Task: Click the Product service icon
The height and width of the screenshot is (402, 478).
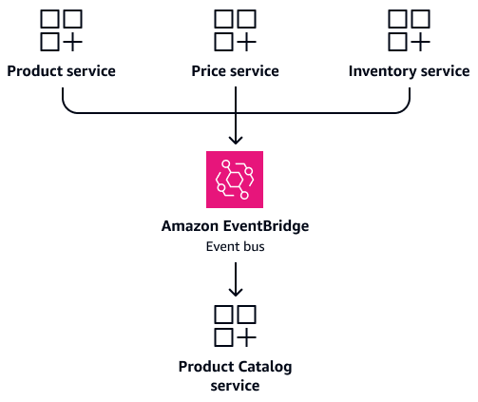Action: click(61, 30)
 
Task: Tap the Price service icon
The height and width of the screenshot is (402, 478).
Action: click(235, 30)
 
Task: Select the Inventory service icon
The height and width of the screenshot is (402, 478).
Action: click(409, 30)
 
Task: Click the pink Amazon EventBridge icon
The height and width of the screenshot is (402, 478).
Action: click(235, 180)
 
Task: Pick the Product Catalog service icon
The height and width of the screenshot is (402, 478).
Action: click(235, 326)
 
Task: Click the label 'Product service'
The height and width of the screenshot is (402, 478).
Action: click(61, 71)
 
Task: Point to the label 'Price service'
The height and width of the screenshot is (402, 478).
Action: click(235, 71)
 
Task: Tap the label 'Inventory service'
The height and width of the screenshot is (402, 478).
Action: click(409, 71)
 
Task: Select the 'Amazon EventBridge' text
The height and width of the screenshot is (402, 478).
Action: click(235, 226)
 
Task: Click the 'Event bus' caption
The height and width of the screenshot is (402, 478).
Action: click(235, 246)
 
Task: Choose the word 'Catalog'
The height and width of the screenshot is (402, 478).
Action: click(264, 367)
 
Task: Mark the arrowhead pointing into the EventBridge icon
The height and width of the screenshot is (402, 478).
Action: click(236, 141)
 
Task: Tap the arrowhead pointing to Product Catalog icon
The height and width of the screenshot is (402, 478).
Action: click(236, 293)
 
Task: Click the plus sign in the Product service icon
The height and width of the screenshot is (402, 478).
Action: click(72, 42)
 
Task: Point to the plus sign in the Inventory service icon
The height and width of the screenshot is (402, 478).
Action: click(420, 42)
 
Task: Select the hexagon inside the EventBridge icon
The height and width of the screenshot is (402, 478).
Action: click(235, 181)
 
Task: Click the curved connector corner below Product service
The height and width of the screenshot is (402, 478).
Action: click(67, 108)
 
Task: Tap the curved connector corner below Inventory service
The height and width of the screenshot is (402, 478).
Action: click(406, 108)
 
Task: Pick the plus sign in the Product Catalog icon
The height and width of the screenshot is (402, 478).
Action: click(246, 337)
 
